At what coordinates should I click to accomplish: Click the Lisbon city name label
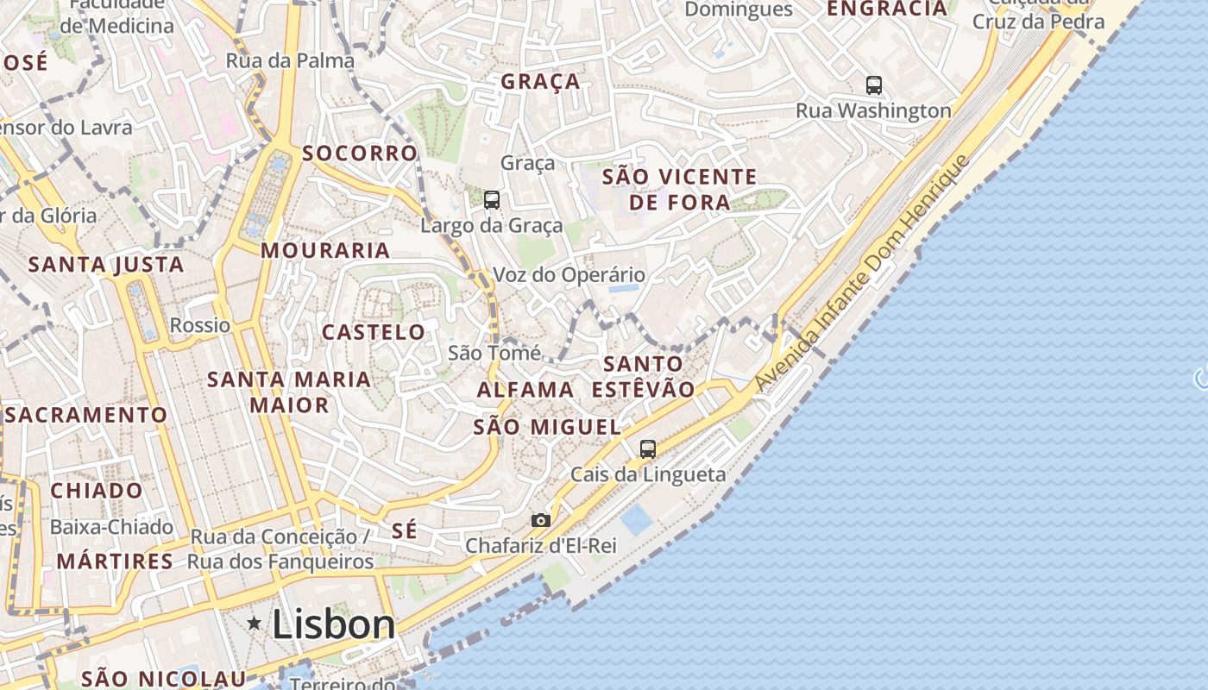click(x=333, y=624)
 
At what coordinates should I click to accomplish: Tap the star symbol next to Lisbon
click(x=255, y=623)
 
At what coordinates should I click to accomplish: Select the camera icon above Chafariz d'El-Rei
click(x=541, y=520)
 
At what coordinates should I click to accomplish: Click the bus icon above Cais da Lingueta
click(x=647, y=448)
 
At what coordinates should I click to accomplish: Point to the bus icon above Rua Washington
click(x=874, y=85)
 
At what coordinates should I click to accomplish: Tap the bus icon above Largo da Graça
click(x=492, y=200)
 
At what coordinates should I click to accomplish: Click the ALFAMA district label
click(x=525, y=390)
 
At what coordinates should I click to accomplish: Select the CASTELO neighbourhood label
click(x=374, y=332)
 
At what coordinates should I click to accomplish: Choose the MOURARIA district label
click(x=325, y=251)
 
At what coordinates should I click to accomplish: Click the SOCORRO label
click(x=360, y=154)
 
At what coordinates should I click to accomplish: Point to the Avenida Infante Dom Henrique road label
click(x=863, y=274)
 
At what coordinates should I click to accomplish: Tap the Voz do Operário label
click(x=569, y=275)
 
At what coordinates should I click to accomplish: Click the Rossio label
click(x=200, y=325)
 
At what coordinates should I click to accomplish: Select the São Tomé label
click(x=494, y=353)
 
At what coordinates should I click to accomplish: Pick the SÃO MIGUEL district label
click(x=547, y=427)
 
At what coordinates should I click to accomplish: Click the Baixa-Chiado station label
click(x=112, y=526)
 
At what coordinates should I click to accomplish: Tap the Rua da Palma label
click(x=290, y=60)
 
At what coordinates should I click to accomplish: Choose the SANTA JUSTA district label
click(x=106, y=265)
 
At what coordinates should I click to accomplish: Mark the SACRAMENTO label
click(x=86, y=415)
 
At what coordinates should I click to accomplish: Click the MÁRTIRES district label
click(x=115, y=561)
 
